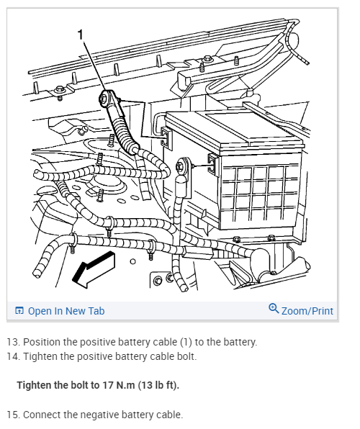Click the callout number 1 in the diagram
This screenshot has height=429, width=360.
click(80, 35)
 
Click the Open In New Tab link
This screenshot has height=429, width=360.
click(66, 311)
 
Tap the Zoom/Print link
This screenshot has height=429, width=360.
click(307, 311)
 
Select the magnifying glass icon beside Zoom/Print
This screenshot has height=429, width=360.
click(274, 308)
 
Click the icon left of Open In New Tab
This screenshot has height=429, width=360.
click(19, 310)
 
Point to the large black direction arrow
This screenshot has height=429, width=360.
click(93, 269)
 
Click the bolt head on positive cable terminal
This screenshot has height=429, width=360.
click(104, 97)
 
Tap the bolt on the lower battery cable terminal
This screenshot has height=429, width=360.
click(181, 166)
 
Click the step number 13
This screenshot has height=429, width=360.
click(13, 342)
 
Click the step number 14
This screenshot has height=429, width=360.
click(13, 356)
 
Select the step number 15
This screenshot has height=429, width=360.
click(13, 415)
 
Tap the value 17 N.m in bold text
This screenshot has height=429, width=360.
click(119, 385)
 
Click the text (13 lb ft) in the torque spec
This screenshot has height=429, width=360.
click(158, 385)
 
